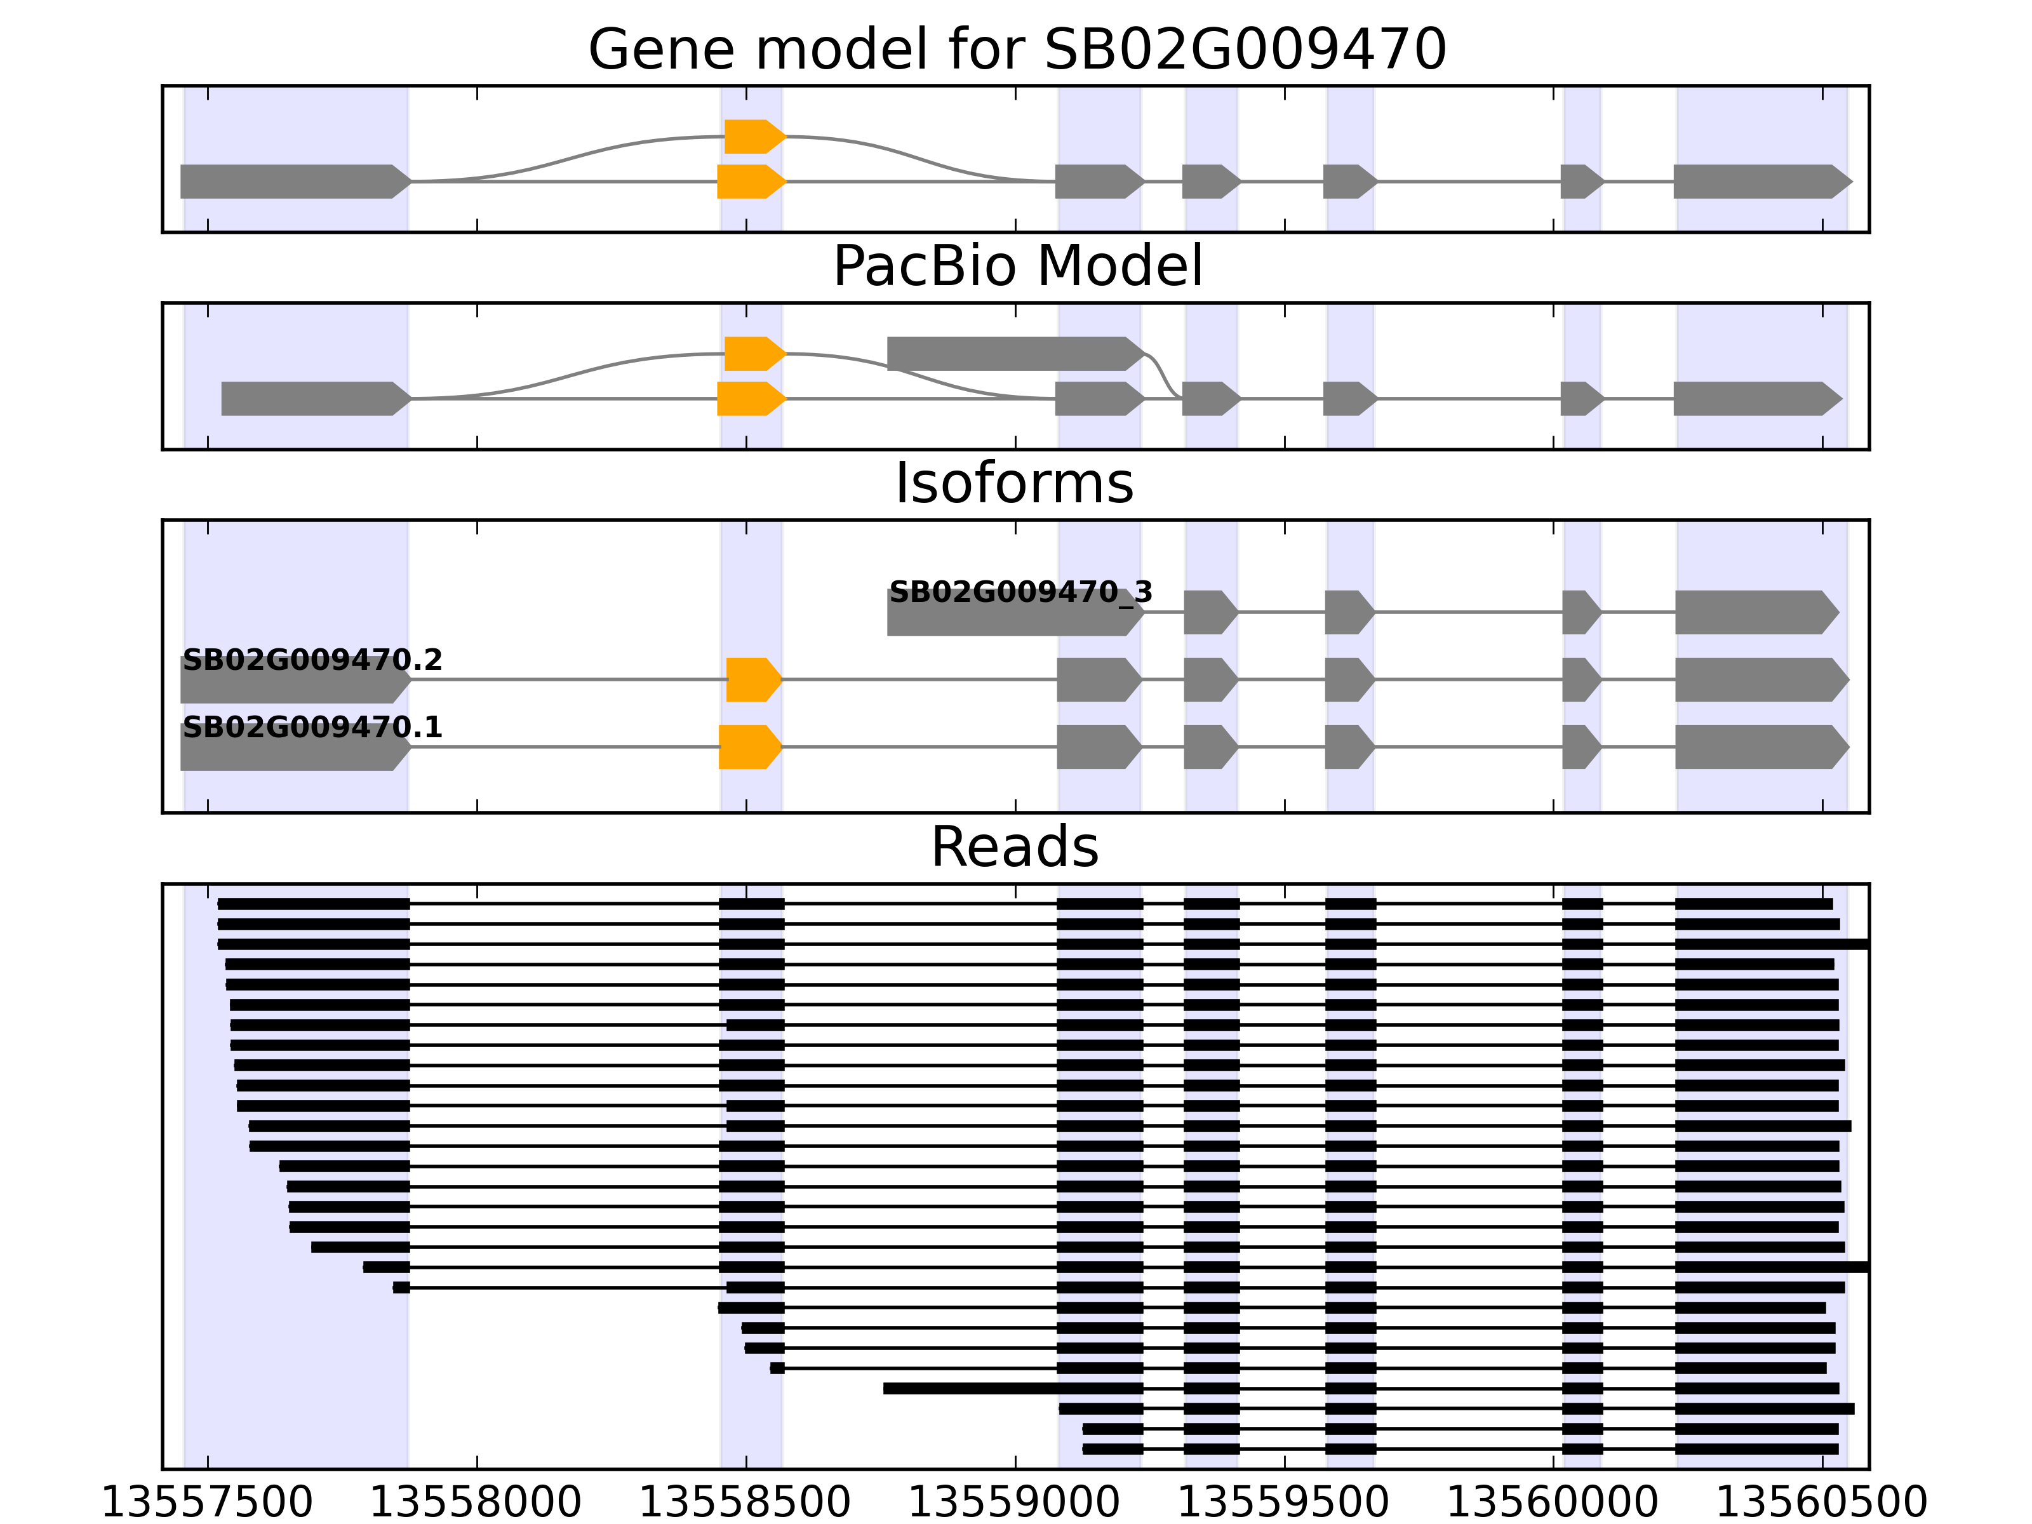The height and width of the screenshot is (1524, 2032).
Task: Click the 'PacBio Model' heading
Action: (x=1017, y=267)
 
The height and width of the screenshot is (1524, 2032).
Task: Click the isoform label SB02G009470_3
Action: (x=1020, y=592)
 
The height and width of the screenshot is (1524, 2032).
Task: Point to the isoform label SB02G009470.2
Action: (x=312, y=660)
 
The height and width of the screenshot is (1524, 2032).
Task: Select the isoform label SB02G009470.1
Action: (x=312, y=728)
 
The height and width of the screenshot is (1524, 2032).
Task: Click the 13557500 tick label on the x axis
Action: (x=208, y=1504)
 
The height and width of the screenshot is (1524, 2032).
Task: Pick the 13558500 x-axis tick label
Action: (x=745, y=1504)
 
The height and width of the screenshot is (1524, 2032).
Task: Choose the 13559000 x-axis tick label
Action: (x=1014, y=1504)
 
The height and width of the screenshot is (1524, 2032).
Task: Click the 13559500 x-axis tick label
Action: (x=1283, y=1504)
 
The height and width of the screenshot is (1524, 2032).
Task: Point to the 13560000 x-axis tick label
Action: (x=1553, y=1504)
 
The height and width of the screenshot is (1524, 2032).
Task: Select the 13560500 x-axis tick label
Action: (x=1822, y=1504)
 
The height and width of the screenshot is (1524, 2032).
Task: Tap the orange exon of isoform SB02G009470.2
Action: (x=752, y=680)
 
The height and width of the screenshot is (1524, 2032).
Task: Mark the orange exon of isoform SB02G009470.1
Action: (x=749, y=747)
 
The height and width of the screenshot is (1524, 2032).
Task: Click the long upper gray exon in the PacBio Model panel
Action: (x=1010, y=354)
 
